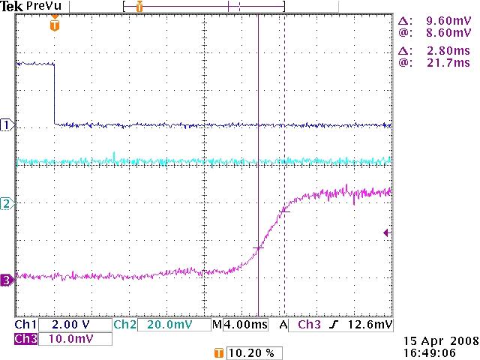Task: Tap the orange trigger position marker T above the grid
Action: (x=54, y=25)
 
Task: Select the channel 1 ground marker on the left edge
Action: (x=7, y=125)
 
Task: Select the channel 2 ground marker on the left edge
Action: (x=7, y=203)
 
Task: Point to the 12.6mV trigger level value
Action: (x=374, y=325)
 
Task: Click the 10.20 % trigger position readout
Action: (x=250, y=352)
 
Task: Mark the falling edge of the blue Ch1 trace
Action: (x=55, y=94)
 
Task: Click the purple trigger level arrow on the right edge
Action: (x=387, y=233)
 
